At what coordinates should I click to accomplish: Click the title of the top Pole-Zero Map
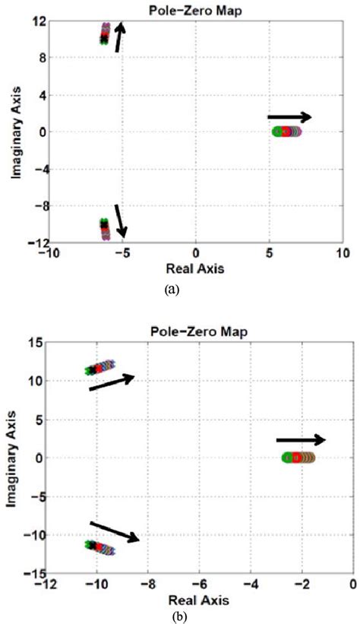(196, 10)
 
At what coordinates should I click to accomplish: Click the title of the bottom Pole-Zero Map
(199, 333)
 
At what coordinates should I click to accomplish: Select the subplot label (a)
(171, 290)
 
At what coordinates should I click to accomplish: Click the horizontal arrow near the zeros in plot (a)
(289, 117)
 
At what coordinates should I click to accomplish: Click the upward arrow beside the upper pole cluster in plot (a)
(119, 36)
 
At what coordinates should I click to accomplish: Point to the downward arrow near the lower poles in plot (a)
(120, 220)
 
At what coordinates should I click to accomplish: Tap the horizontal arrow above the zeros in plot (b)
(301, 439)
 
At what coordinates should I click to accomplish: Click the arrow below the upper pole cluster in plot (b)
(112, 382)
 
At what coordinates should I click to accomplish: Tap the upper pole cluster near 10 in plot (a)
(105, 33)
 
